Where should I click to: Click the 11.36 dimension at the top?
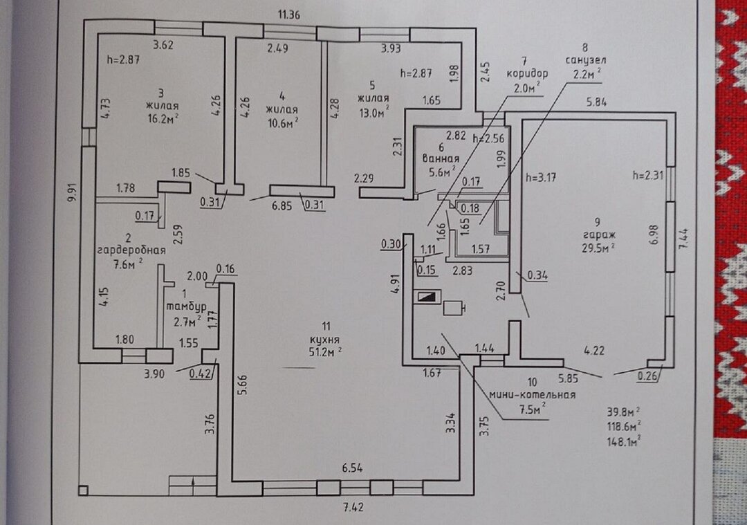click(290, 14)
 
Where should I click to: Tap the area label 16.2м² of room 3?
click(163, 119)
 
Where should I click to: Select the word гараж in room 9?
click(598, 234)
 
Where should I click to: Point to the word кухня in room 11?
click(324, 341)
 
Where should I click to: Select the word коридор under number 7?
click(527, 73)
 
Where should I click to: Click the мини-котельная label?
click(533, 395)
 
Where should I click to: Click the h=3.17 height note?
click(542, 176)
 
